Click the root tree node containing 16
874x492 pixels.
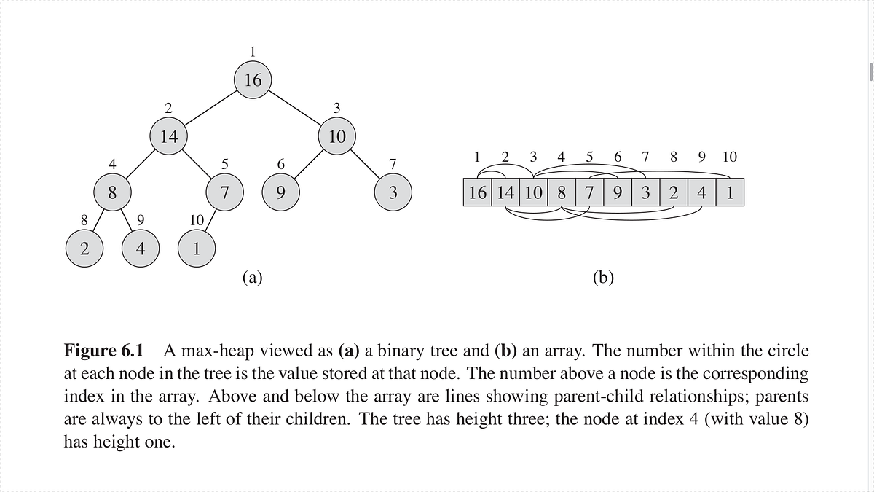253,80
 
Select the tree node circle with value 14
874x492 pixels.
168,136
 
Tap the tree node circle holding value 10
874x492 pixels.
336,136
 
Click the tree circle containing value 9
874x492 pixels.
280,192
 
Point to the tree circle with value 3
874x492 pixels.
393,192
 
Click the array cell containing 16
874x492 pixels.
479,193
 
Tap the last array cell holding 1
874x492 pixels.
730,193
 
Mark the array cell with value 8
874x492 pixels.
562,193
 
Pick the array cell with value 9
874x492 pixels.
618,193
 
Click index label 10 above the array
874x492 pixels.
730,157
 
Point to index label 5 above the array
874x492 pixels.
589,157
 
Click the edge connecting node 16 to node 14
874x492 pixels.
210,108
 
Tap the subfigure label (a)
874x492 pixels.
252,277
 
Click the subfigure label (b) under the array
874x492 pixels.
603,277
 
